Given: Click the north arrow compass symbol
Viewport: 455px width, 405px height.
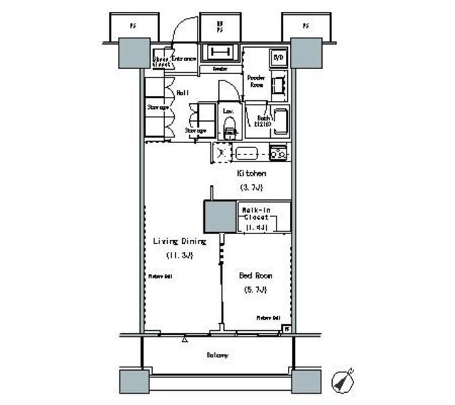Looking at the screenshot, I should point(345,379).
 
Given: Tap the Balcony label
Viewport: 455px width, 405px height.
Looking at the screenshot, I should point(218,354).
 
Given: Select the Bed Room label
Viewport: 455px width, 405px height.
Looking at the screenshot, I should point(255,275).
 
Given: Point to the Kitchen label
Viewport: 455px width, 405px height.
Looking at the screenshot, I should point(251,173).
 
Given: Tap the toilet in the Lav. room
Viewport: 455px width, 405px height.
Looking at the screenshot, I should point(230,130).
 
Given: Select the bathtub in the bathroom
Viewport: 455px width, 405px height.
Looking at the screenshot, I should point(279,122).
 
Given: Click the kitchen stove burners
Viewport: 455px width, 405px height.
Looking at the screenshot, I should point(277,152).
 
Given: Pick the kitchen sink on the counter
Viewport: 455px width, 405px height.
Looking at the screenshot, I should point(249,152).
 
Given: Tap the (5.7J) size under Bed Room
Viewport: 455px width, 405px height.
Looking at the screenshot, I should point(255,290).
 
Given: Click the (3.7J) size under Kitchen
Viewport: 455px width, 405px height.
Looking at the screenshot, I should point(251,187).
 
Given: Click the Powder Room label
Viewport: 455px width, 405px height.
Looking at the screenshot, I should point(255,80).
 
